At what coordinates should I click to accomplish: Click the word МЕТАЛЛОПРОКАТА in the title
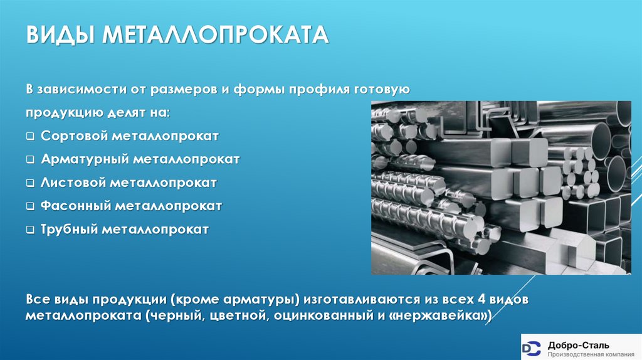point(217,35)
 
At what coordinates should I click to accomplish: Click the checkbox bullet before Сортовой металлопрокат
point(31,137)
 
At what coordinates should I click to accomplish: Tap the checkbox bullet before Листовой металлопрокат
point(31,183)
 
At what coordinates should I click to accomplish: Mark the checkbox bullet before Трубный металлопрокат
point(31,230)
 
